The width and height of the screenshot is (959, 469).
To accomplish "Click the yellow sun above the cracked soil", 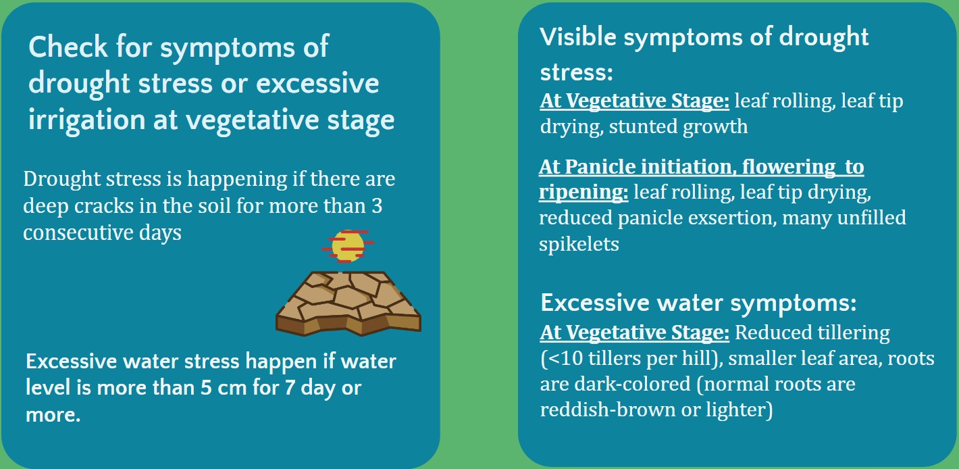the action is click(x=348, y=246).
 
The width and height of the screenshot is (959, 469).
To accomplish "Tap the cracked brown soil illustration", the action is click(x=348, y=303).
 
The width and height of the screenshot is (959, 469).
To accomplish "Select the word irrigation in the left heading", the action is click(x=86, y=120).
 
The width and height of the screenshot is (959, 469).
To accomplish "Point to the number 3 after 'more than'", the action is click(x=377, y=206).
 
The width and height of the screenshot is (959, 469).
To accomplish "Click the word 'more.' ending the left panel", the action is click(x=53, y=415).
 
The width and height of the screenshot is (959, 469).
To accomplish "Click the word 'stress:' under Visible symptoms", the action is click(x=576, y=72).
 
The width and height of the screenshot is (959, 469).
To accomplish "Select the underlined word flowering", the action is click(x=788, y=167).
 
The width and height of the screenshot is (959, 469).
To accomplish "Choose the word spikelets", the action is click(x=579, y=245).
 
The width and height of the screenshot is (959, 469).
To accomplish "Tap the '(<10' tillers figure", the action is click(x=561, y=358).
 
